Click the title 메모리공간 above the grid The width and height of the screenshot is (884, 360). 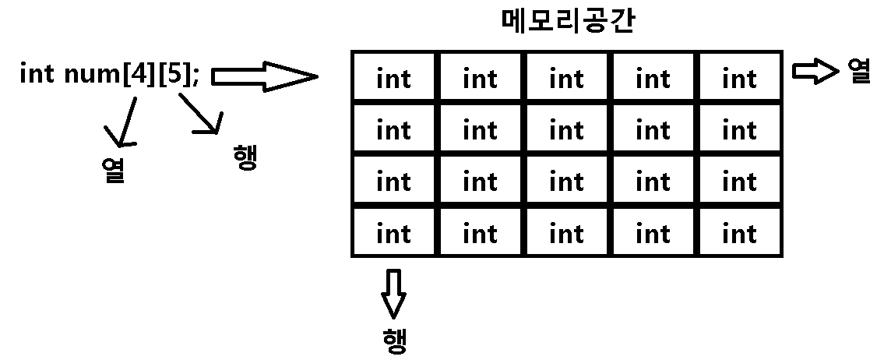(567, 22)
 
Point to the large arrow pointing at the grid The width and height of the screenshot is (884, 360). (265, 76)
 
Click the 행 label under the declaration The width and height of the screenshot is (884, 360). (245, 157)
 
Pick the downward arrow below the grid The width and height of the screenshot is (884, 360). (394, 293)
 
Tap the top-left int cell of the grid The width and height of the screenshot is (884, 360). (393, 78)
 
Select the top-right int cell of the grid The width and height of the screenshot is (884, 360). (739, 78)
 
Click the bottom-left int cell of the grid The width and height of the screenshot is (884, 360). (393, 232)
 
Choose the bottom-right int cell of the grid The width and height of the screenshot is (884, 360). (739, 232)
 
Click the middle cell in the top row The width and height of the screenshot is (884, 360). (566, 78)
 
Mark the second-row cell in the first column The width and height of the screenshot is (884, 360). (393, 129)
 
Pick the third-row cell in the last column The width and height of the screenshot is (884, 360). (739, 181)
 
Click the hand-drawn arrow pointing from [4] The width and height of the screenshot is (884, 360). (126, 122)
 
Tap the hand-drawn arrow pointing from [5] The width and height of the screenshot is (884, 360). (201, 115)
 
